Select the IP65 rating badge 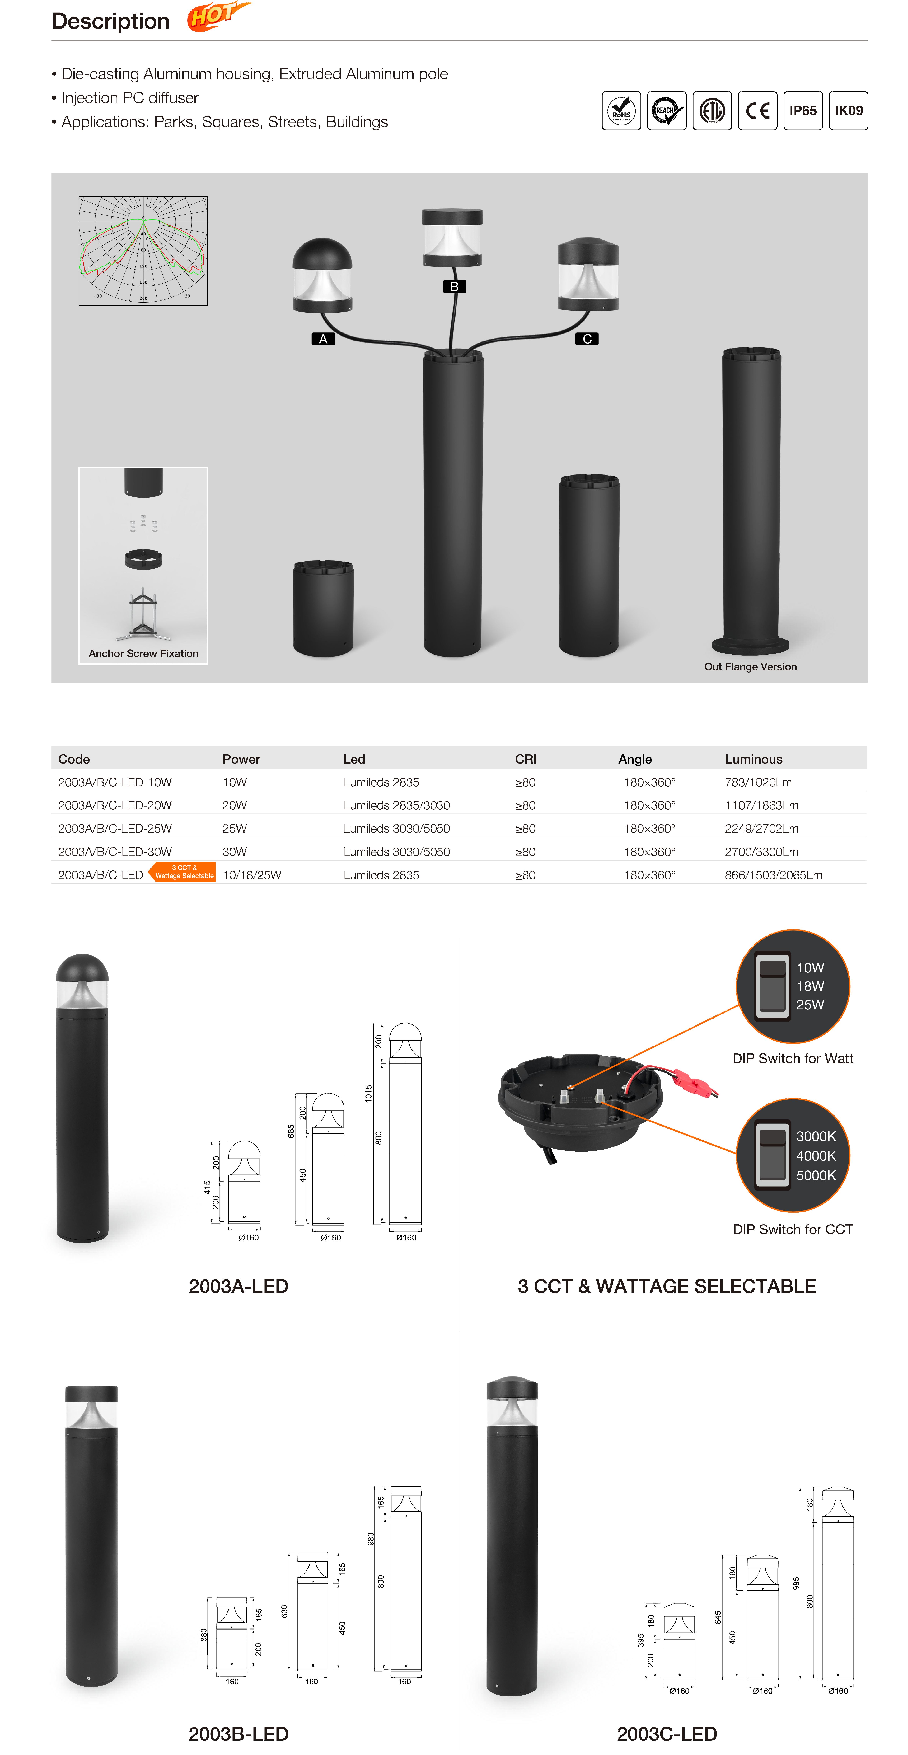click(803, 110)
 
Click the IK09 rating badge click(849, 110)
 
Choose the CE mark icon click(757, 110)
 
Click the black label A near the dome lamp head click(323, 339)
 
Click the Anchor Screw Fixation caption click(144, 653)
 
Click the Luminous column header click(753, 759)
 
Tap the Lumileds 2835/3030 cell click(396, 805)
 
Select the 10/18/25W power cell click(252, 875)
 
